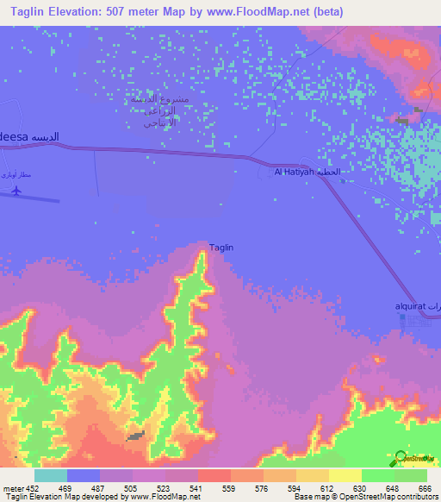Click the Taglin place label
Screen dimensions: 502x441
pos(221,248)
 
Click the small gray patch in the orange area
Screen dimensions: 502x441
pos(136,437)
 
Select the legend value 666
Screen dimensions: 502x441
pos(426,487)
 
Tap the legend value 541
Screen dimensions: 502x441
pos(197,487)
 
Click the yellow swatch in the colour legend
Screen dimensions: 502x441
pos(345,475)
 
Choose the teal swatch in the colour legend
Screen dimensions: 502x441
pos(51,475)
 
